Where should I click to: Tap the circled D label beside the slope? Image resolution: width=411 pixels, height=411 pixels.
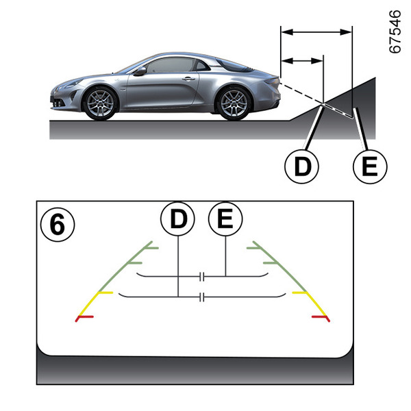coord(301,165)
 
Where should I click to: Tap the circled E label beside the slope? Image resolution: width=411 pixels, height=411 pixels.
coord(370,165)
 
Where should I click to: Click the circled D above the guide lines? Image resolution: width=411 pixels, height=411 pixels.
coord(177,219)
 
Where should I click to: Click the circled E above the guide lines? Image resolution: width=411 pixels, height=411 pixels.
coord(225,219)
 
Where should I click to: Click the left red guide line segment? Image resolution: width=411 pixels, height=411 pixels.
coord(86,317)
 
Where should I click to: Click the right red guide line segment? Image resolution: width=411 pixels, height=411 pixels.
coord(321,317)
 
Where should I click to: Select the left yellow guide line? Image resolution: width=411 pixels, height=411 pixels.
coord(97,302)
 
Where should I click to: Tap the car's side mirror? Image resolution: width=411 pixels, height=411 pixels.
coord(140,71)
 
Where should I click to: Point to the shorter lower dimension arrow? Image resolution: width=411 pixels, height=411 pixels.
coord(302,61)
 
